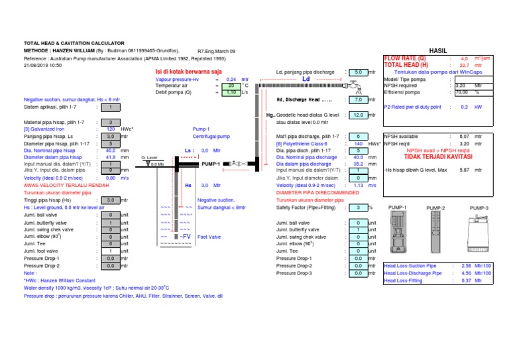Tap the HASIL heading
coord(439,50)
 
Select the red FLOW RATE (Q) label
coord(406,58)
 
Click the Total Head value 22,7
coord(464,65)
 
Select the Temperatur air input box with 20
coord(231,86)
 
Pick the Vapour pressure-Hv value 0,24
coord(231,79)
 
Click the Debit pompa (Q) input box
coord(231,93)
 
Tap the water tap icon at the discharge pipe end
coord(357,86)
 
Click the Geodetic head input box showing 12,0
coord(357,115)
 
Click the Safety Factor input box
coord(357,208)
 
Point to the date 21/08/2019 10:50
coord(42,65)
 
